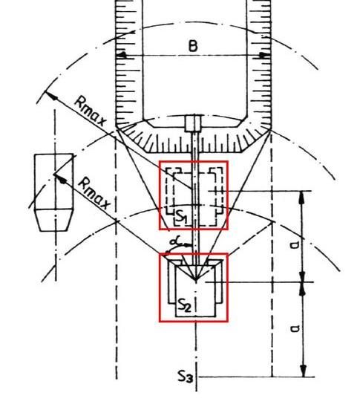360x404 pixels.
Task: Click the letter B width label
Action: coord(193,46)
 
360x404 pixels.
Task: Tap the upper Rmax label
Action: coord(91,111)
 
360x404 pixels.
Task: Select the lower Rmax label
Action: coord(94,194)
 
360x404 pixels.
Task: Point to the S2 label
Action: coord(185,305)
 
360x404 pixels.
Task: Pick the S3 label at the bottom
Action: coord(186,376)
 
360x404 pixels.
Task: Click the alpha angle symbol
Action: coord(176,241)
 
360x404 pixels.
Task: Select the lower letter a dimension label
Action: coord(295,328)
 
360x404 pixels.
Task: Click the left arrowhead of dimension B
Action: coord(122,55)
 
